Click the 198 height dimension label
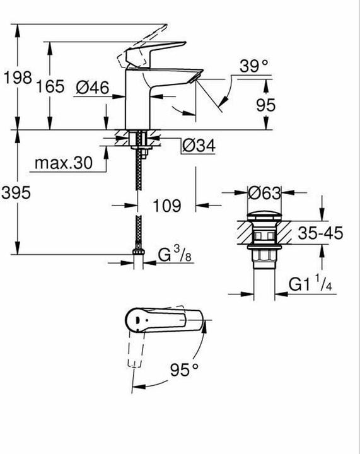coord(18,78)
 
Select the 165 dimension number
coord(50,86)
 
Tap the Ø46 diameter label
coord(93,87)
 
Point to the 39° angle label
coord(254,66)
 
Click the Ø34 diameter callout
coord(199,146)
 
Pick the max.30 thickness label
coord(64,163)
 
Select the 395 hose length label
coord(16,192)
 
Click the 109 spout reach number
coord(167,206)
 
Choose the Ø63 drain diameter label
coord(265,193)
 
